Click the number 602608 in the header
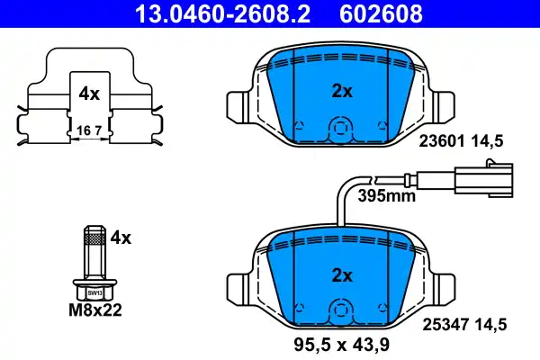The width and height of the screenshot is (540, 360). click(380, 13)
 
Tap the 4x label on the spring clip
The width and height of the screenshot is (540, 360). click(88, 93)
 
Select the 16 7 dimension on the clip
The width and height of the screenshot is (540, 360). click(88, 130)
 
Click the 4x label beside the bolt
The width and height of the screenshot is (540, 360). click(120, 238)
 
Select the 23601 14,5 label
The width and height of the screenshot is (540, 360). click(459, 140)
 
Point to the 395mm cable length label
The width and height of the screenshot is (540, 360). click(383, 194)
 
